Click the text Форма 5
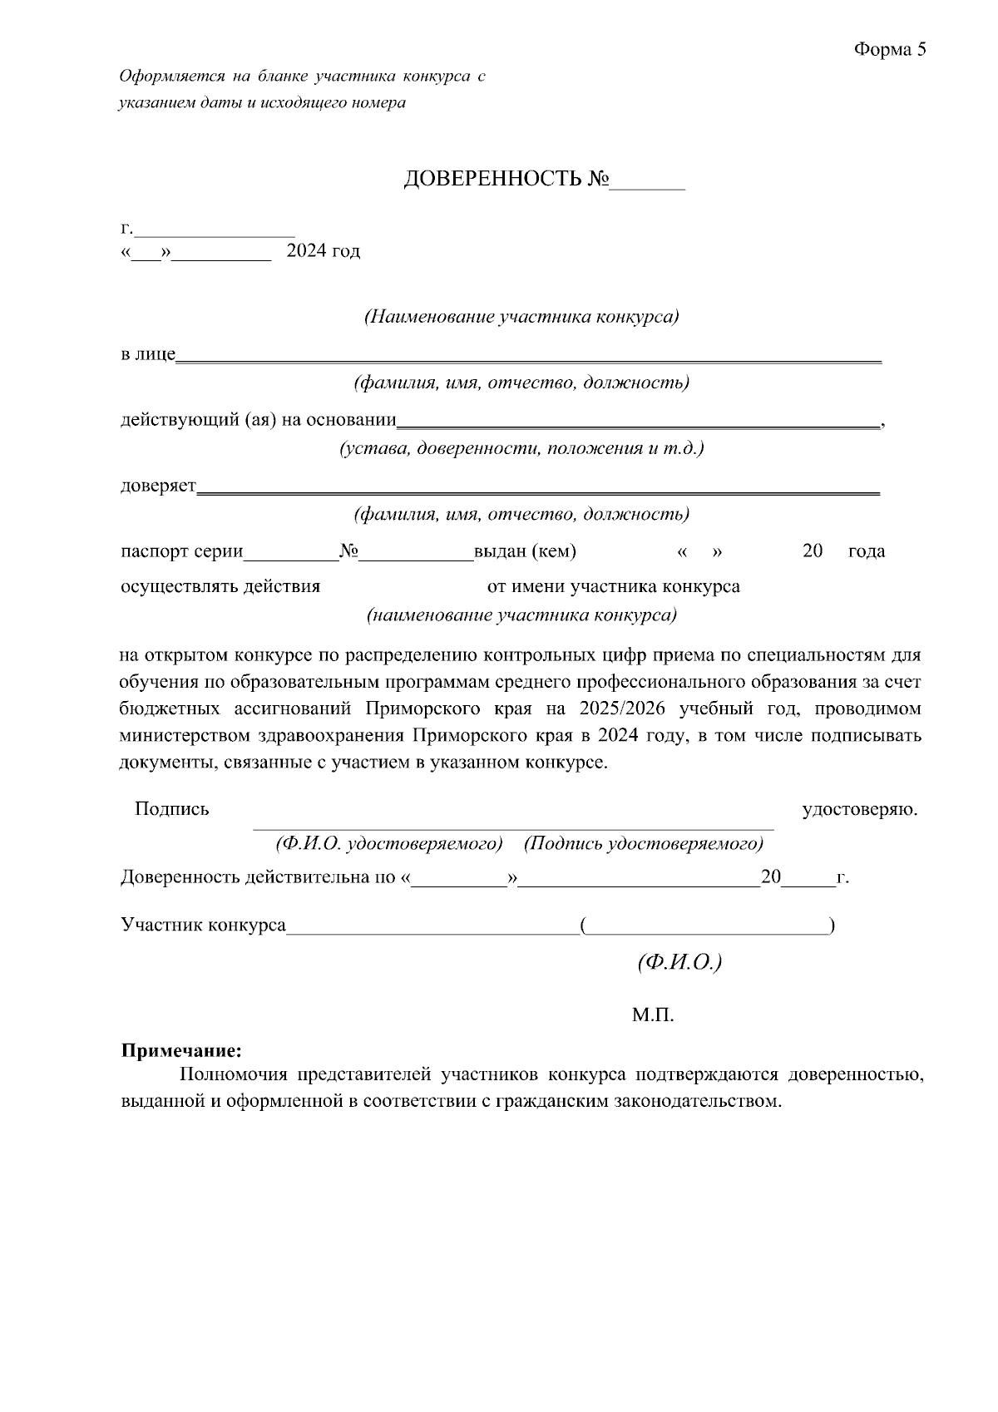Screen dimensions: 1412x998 889,50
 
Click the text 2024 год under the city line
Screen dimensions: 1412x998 323,251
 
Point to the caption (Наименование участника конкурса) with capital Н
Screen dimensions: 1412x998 521,318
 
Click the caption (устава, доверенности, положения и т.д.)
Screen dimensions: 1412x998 521,449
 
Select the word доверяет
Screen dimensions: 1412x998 158,486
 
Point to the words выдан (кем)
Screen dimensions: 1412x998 525,551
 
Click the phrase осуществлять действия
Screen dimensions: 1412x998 220,587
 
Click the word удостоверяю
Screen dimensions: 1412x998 860,809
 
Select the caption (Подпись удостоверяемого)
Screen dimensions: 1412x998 643,844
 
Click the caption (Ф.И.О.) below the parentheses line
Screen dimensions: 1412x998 679,962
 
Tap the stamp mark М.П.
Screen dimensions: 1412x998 652,1015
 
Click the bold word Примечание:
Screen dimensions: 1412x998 182,1051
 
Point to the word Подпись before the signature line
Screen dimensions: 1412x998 171,809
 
